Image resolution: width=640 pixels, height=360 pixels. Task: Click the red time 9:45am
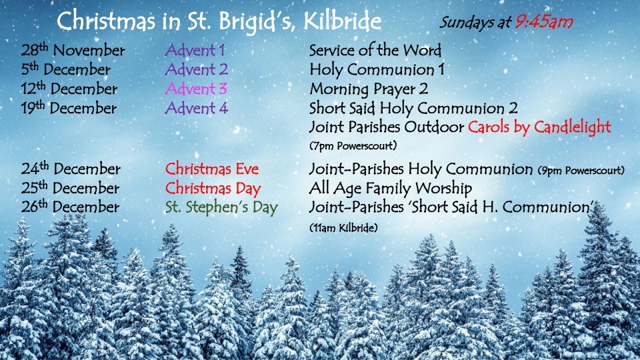click(544, 21)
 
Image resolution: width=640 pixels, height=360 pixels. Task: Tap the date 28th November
click(73, 50)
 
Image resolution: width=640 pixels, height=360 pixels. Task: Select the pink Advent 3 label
click(196, 89)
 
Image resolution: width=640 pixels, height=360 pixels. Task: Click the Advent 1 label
click(195, 50)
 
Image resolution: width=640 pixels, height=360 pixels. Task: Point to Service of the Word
click(375, 50)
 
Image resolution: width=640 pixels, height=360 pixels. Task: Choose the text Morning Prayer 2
click(369, 89)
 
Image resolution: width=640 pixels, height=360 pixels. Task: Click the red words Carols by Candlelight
click(539, 127)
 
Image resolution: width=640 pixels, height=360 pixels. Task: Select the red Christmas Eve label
click(212, 169)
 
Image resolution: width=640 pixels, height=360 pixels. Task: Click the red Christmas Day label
click(213, 189)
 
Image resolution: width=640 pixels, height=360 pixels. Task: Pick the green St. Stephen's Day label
click(221, 207)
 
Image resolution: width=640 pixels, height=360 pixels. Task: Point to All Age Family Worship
click(391, 189)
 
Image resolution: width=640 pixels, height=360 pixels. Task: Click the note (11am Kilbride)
click(343, 228)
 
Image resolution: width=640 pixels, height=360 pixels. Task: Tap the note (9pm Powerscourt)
click(581, 170)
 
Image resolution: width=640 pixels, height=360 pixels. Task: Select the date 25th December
click(70, 188)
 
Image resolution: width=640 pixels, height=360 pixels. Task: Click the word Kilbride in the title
click(343, 21)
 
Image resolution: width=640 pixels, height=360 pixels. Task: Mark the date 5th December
click(66, 69)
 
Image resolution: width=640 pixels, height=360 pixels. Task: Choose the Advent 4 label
click(196, 108)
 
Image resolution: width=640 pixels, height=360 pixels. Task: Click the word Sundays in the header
click(466, 23)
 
